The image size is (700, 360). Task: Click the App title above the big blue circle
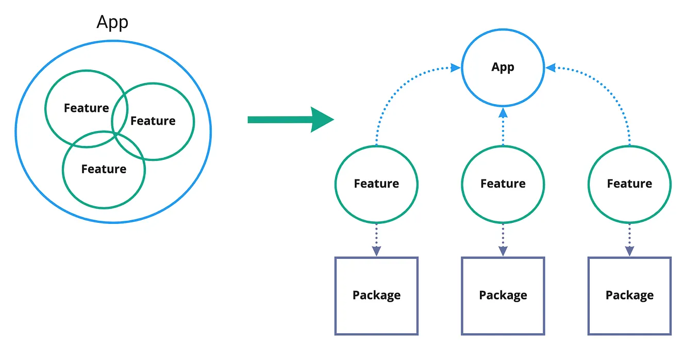pos(112,22)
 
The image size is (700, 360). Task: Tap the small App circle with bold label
pos(503,68)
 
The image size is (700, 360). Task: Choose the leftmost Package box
pos(376,296)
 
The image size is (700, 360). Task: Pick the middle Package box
pos(503,296)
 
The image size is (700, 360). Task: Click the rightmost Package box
pos(629,296)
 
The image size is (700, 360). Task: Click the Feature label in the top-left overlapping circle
pos(86,108)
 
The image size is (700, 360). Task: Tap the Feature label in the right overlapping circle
pos(153,121)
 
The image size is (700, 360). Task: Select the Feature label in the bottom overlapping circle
pos(104,169)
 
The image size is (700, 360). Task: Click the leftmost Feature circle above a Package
pos(376,184)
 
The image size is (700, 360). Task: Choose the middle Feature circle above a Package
pos(503,184)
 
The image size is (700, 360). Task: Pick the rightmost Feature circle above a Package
pos(629,184)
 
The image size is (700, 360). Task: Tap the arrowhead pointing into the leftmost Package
pos(376,251)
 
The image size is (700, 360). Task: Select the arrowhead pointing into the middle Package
pos(503,251)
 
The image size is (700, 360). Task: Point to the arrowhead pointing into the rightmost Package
pos(629,251)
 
